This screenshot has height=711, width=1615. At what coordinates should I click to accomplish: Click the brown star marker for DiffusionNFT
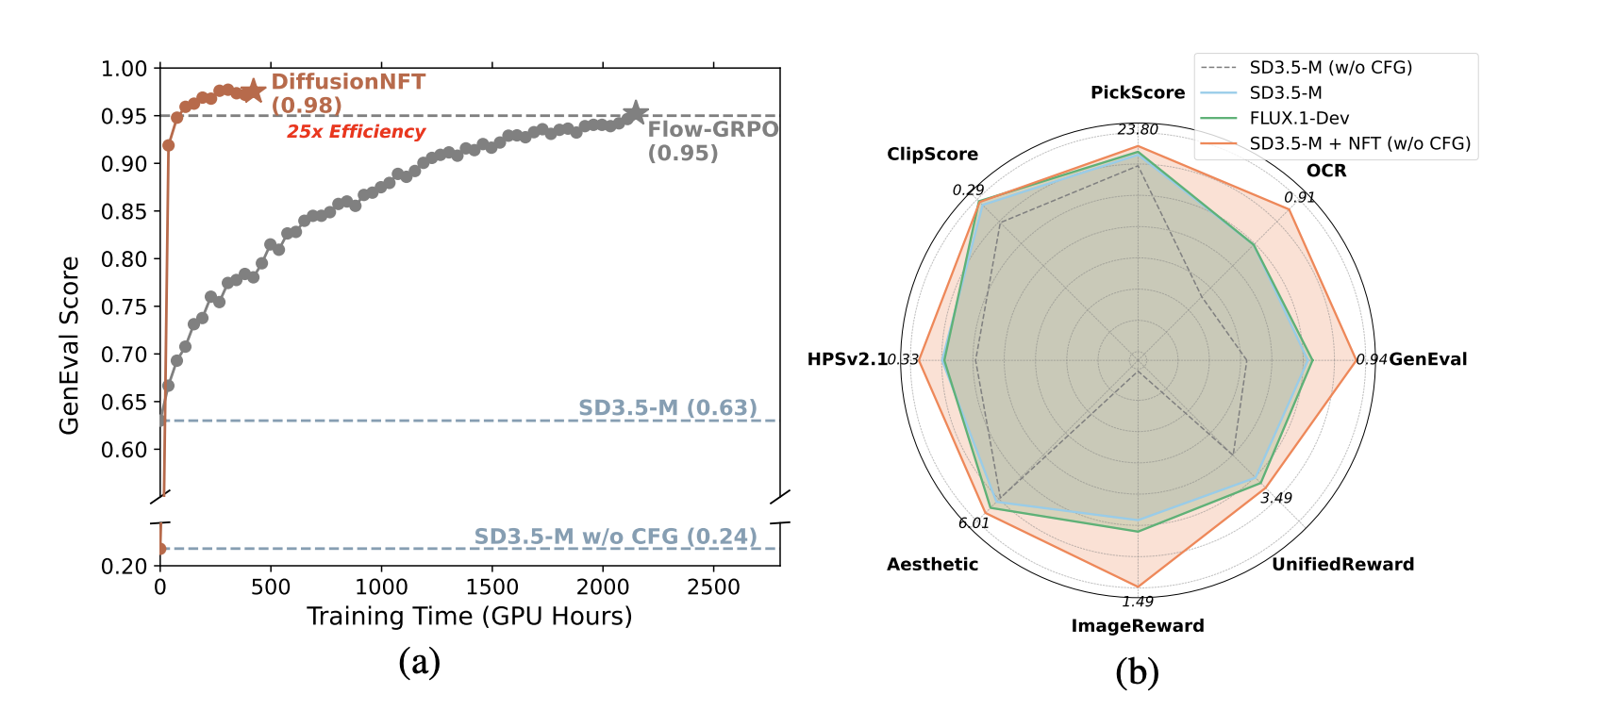(x=253, y=91)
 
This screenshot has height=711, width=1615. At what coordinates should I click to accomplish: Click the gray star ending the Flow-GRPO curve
(x=636, y=113)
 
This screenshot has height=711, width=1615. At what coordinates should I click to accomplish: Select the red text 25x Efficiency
(x=357, y=132)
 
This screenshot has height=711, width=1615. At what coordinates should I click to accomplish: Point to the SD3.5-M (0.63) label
(x=668, y=407)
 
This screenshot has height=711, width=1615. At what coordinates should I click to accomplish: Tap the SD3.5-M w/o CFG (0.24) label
(x=615, y=537)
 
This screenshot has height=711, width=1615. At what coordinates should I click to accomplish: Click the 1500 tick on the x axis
(x=492, y=587)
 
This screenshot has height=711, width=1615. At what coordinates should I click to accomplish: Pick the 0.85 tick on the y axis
(x=125, y=211)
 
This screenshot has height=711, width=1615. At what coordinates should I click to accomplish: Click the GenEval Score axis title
(x=69, y=345)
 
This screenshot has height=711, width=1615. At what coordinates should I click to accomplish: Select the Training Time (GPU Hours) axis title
(x=469, y=617)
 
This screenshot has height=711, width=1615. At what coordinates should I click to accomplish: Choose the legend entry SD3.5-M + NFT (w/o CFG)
(x=1359, y=143)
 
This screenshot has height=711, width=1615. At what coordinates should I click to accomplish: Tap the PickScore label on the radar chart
(x=1138, y=92)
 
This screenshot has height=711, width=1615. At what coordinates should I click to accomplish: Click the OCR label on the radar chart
(x=1326, y=171)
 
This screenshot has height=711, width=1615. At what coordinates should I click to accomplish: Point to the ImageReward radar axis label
(x=1138, y=625)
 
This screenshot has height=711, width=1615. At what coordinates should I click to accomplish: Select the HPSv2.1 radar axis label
(x=847, y=359)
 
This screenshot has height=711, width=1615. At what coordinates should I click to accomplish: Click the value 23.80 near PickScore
(x=1138, y=130)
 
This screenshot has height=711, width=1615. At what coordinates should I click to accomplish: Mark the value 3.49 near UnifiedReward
(x=1276, y=498)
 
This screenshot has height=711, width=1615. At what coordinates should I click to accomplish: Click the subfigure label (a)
(x=420, y=662)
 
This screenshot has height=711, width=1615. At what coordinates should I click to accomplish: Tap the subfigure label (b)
(x=1137, y=671)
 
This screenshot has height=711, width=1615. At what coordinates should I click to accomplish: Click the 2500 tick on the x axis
(x=713, y=587)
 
